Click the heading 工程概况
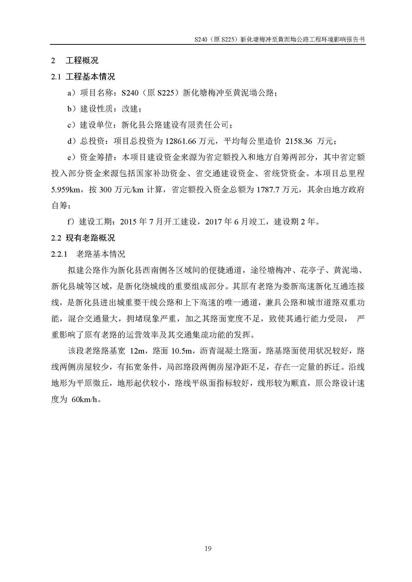[82, 60]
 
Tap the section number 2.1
[56, 77]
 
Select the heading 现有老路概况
[90, 238]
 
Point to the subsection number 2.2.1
[59, 254]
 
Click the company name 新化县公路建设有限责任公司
[175, 125]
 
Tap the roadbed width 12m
[137, 351]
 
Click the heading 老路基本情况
[101, 254]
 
